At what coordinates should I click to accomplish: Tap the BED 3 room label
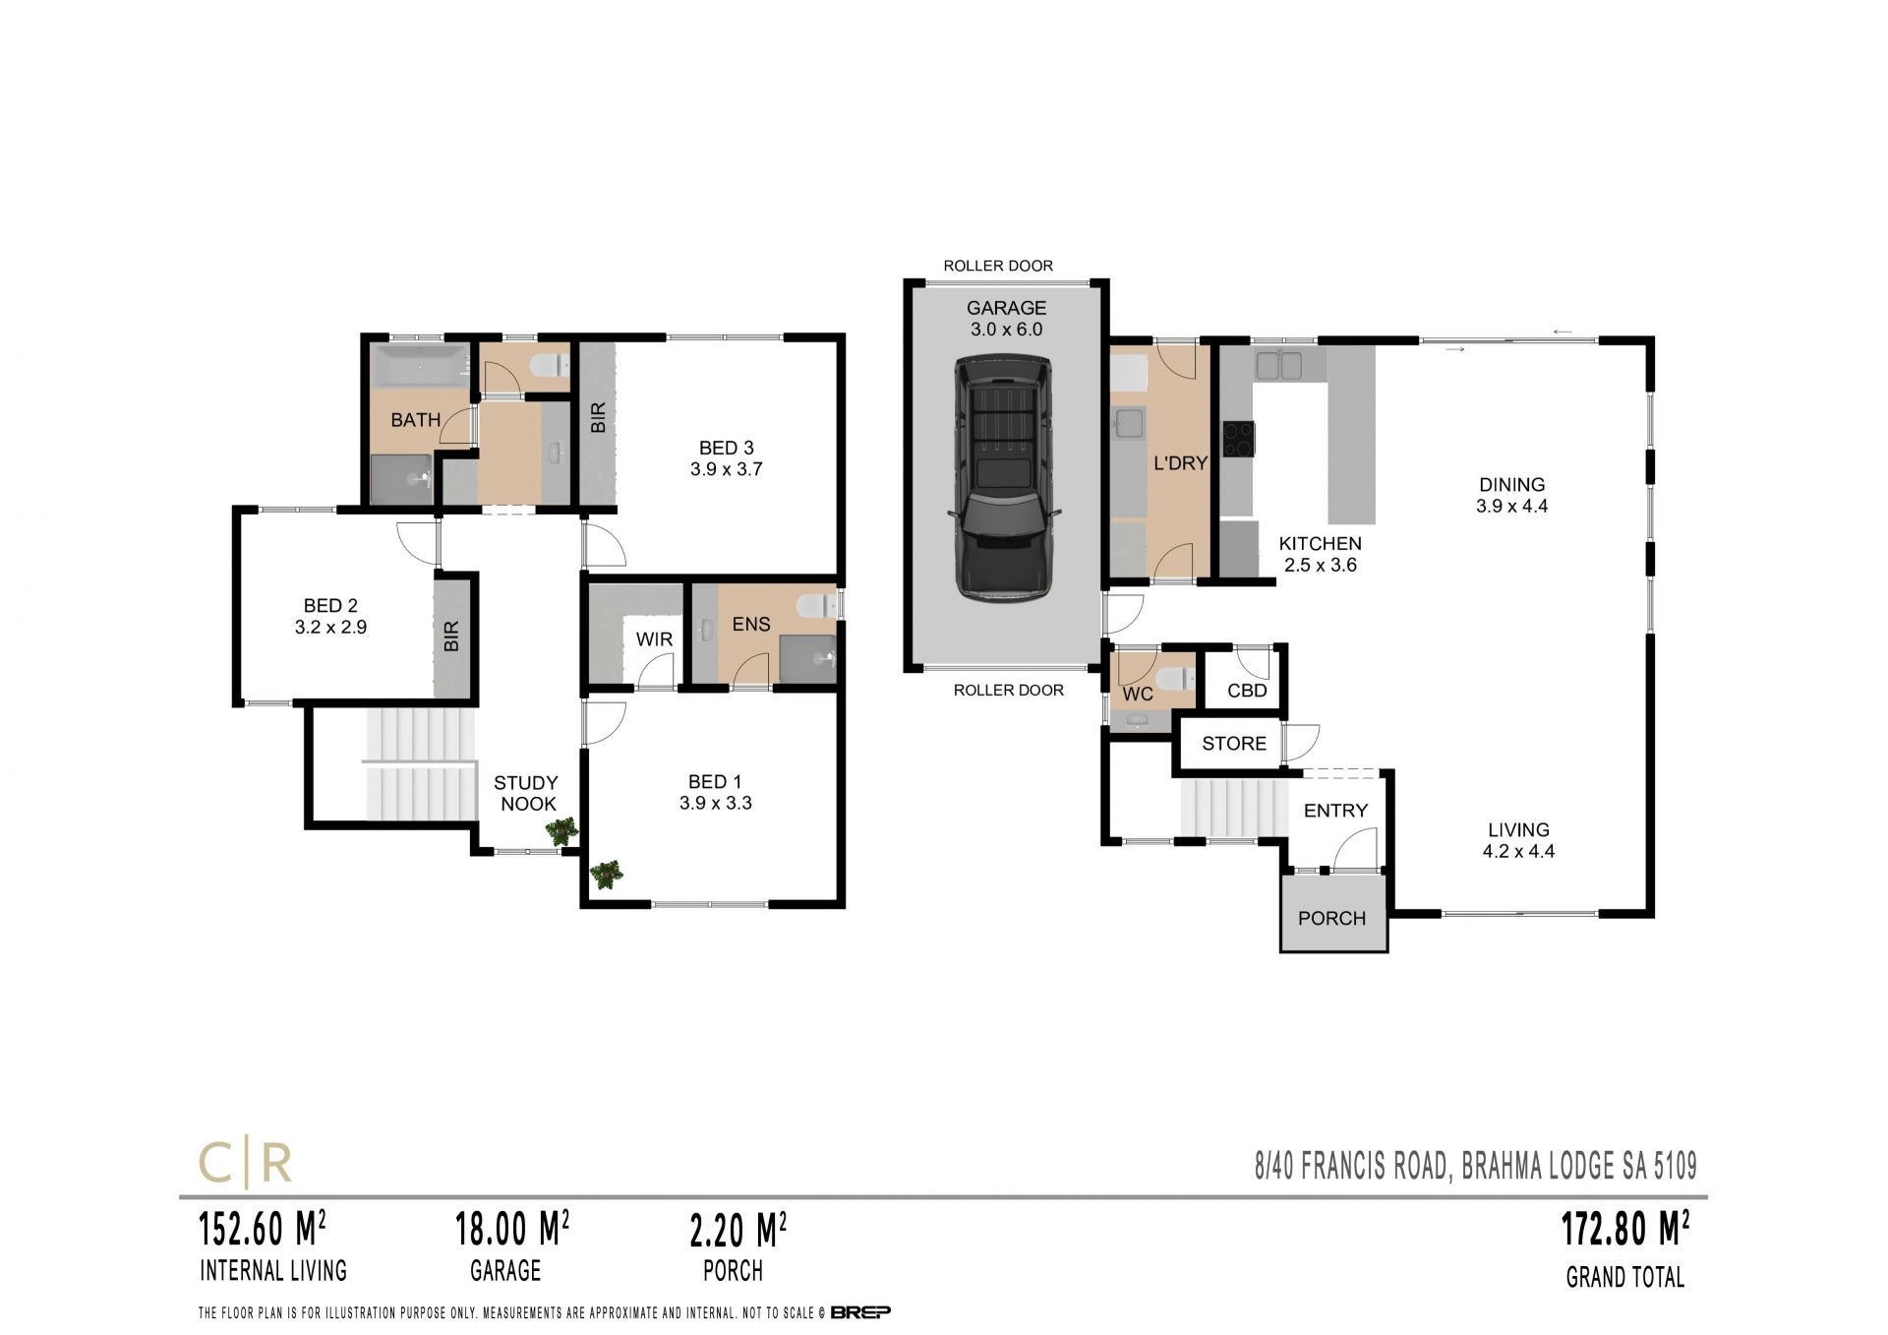[x=726, y=449]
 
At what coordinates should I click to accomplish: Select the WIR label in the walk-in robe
[x=654, y=639]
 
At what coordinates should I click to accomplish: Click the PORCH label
[x=1331, y=918]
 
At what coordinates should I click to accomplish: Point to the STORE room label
[x=1234, y=744]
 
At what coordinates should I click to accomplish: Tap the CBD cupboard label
[x=1247, y=691]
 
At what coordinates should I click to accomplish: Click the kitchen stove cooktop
[x=1238, y=438]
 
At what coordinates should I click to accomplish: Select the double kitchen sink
[x=1278, y=366]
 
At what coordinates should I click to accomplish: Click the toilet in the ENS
[x=815, y=605]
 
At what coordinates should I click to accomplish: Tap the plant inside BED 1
[x=606, y=875]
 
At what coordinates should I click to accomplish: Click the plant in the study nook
[x=562, y=832]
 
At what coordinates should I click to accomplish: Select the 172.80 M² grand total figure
[x=1625, y=1229]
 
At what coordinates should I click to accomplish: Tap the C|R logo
[x=246, y=1164]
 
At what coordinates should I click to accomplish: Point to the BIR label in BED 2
[x=451, y=636]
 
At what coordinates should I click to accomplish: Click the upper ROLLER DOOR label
[x=998, y=266]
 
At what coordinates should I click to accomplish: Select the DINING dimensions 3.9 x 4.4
[x=1511, y=507]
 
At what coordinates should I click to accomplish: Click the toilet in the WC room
[x=1174, y=679]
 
